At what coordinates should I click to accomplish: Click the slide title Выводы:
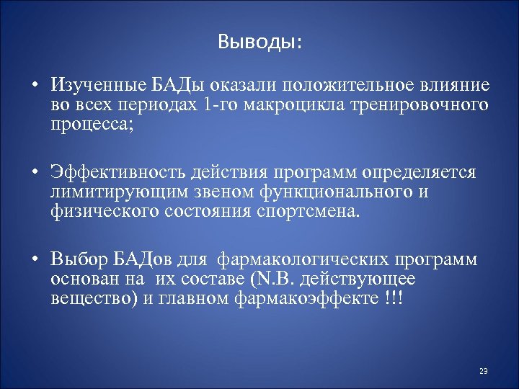259,43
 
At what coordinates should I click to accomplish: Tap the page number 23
484,371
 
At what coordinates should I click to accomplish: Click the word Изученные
96,86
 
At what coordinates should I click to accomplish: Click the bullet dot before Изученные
34,86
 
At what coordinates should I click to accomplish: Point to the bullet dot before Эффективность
34,174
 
